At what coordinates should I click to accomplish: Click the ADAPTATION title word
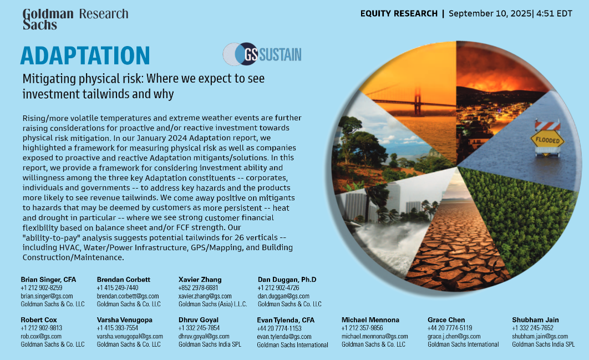[x=85, y=55]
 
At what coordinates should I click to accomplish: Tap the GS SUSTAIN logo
[x=262, y=54]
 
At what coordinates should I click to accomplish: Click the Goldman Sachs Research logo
[x=75, y=19]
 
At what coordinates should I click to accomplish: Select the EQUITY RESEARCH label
[x=399, y=13]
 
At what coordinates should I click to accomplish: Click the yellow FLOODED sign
[x=547, y=140]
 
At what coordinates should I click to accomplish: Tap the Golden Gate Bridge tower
[x=417, y=102]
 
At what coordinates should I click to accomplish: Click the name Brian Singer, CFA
[x=48, y=280]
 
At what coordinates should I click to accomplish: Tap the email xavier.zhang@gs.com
[x=205, y=296]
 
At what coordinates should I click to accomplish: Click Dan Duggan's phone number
[x=278, y=288]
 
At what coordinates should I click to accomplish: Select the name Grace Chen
[x=446, y=320]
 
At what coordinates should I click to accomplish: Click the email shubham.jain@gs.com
[x=540, y=336]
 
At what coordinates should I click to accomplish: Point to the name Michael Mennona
[x=370, y=320]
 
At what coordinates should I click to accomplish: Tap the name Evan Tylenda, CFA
[x=286, y=320]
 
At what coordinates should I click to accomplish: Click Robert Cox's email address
[x=41, y=336]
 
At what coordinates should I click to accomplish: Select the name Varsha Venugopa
[x=125, y=320]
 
